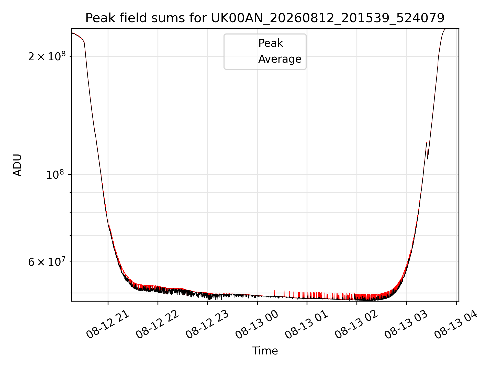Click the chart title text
tap(265, 18)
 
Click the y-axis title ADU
tap(17, 165)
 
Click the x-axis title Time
tap(265, 351)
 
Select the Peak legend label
tap(271, 43)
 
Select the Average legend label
tap(280, 59)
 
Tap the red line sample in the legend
tap(239, 43)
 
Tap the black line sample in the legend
tap(239, 59)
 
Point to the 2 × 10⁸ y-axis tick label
tap(47, 56)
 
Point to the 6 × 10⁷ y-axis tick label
tap(47, 261)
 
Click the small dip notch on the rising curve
tap(427, 158)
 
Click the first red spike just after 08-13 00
tap(274, 293)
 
